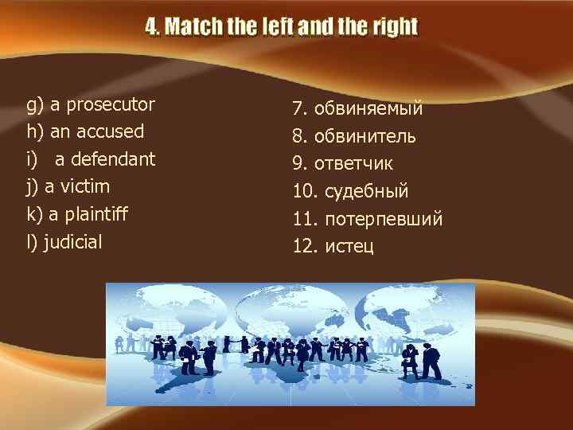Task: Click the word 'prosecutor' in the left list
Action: coord(111,104)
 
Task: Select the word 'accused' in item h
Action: coord(108,131)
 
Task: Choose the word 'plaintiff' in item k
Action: coord(96,214)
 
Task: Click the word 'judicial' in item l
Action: coord(73,242)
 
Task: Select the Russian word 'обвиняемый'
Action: coord(368,109)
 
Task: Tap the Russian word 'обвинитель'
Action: coord(365,137)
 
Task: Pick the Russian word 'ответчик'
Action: coord(353,164)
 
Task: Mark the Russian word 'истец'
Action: coord(349,247)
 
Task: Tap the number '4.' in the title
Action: coord(153,28)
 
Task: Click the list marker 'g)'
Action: coord(35,104)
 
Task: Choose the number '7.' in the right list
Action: coord(300,109)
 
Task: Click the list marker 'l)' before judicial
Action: coord(32,242)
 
